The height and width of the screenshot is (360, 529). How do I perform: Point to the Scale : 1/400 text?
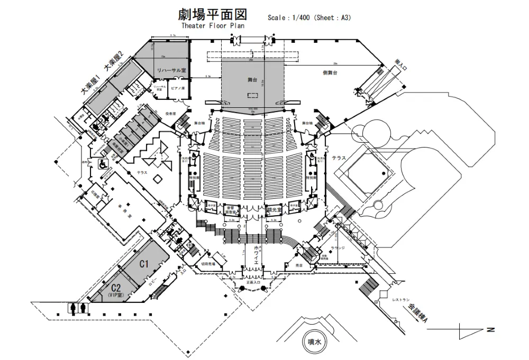coord(288,17)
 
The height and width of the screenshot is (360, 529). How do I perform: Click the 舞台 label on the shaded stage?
coord(252,79)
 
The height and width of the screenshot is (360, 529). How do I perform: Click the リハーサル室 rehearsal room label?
coord(170,70)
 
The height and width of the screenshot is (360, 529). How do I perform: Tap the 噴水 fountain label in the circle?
coord(315,342)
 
